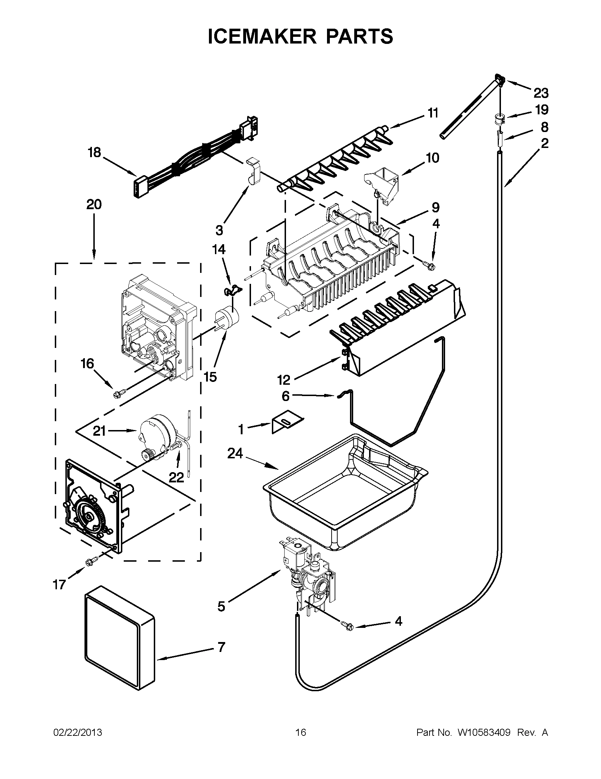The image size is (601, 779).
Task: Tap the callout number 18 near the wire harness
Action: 94,153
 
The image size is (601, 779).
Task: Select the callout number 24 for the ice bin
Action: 235,454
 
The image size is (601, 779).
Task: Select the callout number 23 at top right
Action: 541,93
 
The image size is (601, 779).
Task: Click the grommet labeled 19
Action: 500,118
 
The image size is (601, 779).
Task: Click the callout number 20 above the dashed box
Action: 94,204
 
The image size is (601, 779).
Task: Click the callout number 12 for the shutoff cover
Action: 284,380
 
